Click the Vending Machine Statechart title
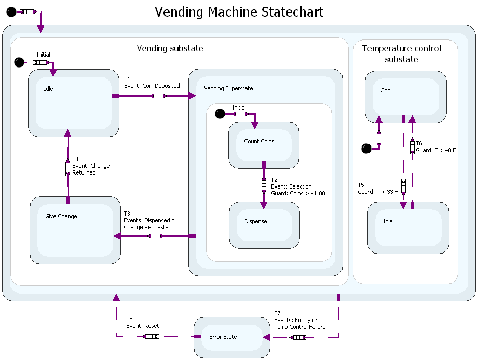click(x=239, y=12)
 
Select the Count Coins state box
click(x=264, y=145)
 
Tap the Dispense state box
click(x=264, y=225)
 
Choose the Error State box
click(x=231, y=337)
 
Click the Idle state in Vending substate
click(x=73, y=103)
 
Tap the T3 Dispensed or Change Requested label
click(x=150, y=220)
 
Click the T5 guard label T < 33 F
click(x=378, y=188)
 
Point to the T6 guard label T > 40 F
click(x=435, y=147)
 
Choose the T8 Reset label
click(x=143, y=323)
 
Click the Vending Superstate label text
click(x=228, y=88)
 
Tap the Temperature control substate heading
click(x=402, y=54)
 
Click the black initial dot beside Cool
click(x=366, y=149)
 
